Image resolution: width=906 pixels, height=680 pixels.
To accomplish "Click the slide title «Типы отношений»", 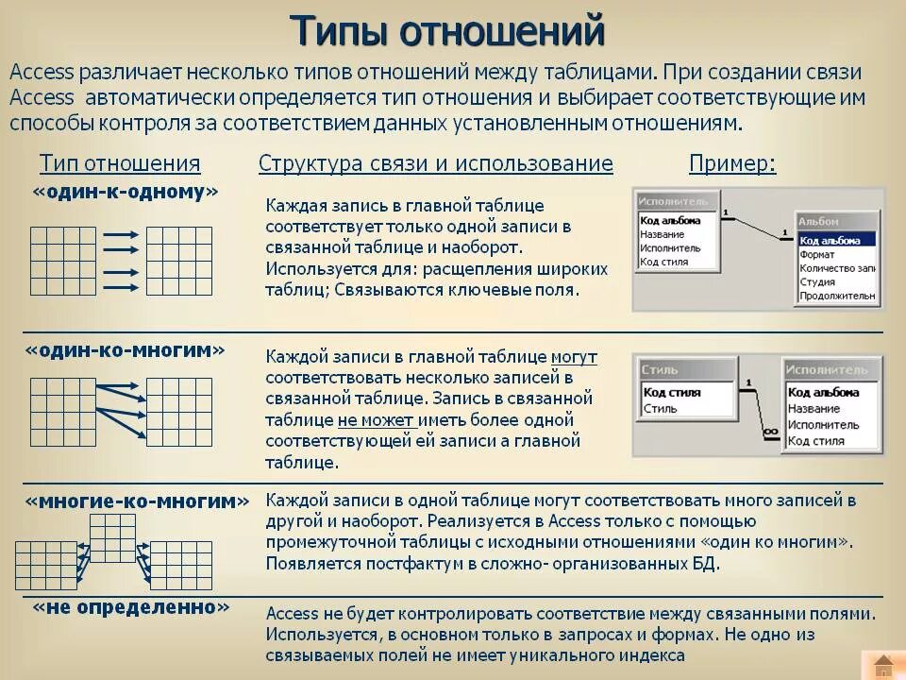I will pos(446,31).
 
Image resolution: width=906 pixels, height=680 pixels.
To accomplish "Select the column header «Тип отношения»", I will pos(120,163).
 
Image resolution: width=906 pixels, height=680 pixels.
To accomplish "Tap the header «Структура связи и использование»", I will pos(435,163).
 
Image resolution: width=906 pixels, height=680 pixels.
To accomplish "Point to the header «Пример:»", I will pos(732,163).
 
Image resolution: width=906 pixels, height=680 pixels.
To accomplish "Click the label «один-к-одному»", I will pos(126,192).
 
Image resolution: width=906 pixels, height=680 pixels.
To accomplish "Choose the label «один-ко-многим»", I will pos(126,350).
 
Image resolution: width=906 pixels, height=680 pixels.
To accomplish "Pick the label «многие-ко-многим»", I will pos(138,501).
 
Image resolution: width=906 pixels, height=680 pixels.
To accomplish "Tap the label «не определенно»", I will pos(131,607).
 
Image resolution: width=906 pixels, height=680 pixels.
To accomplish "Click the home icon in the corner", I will pos(882,664).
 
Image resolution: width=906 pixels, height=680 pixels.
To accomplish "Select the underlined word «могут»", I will pos(573,357).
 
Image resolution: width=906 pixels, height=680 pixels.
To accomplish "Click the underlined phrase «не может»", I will pos(376,419).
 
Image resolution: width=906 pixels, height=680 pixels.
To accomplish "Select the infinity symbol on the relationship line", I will pos(770,431).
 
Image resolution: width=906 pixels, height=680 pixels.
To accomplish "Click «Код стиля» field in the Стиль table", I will pos(671,392).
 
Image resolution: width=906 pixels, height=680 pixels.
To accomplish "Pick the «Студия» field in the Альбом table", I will pos(817,281).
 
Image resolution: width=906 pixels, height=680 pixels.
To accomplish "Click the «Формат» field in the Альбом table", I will pos(817,254).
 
